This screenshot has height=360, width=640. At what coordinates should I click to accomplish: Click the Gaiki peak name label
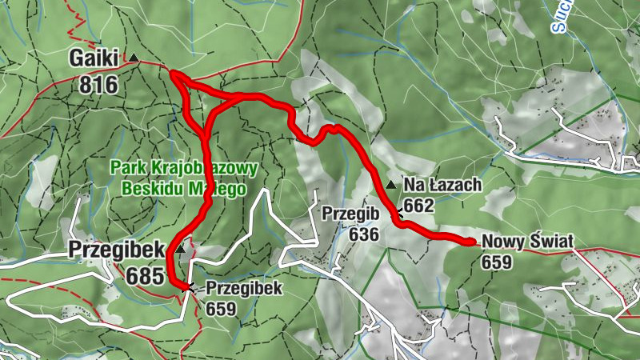click(94, 58)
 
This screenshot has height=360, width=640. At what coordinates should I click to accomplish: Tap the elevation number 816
click(98, 84)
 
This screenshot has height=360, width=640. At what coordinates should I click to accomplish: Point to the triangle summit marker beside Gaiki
click(134, 58)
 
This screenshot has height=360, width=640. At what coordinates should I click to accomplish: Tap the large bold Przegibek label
click(117, 249)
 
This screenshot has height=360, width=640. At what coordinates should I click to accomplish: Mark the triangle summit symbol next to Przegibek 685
click(181, 250)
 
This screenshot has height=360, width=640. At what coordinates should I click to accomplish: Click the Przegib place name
click(350, 214)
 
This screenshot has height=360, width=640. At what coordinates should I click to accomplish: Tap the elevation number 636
click(363, 234)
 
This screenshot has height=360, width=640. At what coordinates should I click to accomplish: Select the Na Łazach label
click(442, 186)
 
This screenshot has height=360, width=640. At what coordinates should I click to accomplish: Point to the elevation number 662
click(418, 206)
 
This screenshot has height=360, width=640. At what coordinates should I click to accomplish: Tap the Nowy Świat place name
click(529, 243)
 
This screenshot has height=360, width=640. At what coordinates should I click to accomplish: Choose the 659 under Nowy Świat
click(497, 262)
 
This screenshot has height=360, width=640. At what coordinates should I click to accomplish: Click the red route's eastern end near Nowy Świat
click(472, 240)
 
